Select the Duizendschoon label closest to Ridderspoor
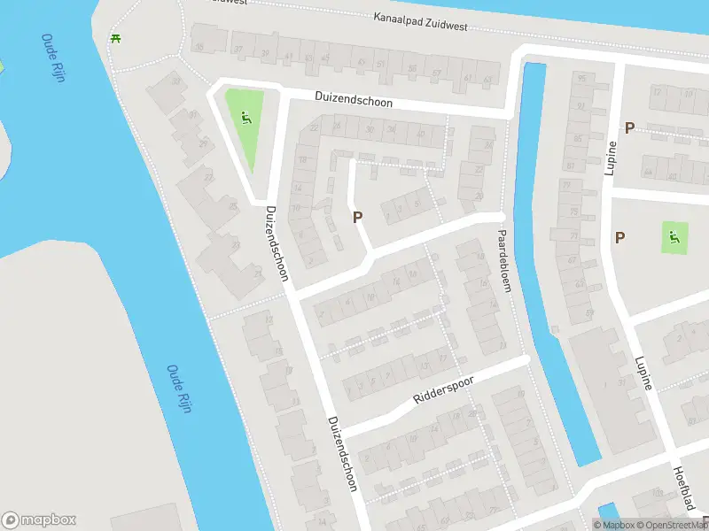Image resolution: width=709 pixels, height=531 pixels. (x=341, y=453)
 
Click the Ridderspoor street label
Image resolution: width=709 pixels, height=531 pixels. (x=443, y=389)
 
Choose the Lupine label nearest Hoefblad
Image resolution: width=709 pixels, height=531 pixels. (x=643, y=373)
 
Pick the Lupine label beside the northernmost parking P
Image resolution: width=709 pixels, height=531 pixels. (x=610, y=158)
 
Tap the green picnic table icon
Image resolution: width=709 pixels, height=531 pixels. (x=115, y=38)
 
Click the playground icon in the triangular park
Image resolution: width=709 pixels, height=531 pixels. (x=245, y=119)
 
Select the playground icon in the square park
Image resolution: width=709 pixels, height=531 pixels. (x=674, y=236)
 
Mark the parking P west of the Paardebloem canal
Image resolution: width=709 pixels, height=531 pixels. (x=358, y=216)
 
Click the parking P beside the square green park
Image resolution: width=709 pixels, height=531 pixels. (x=620, y=237)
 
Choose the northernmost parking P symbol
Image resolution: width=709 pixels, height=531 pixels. (x=629, y=127)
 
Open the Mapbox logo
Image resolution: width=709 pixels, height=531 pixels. (x=39, y=520)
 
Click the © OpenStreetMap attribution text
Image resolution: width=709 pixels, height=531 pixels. (x=671, y=525)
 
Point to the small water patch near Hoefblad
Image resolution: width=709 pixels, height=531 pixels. (x=607, y=511)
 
